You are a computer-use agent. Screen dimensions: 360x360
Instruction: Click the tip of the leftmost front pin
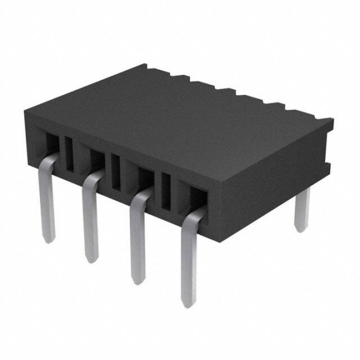pos(49,236)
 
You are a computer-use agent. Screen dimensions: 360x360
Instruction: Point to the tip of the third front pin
pos(138,279)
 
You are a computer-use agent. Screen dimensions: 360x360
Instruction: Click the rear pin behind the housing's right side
pos(302,209)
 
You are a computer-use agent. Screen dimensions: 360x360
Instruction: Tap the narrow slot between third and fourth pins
pos(166,193)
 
